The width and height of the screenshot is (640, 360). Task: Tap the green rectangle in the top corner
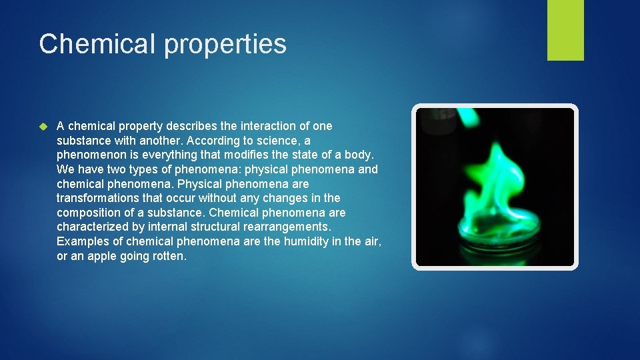click(565, 29)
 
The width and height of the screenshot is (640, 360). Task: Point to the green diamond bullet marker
click(44, 126)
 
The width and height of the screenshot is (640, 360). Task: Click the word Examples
click(81, 241)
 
